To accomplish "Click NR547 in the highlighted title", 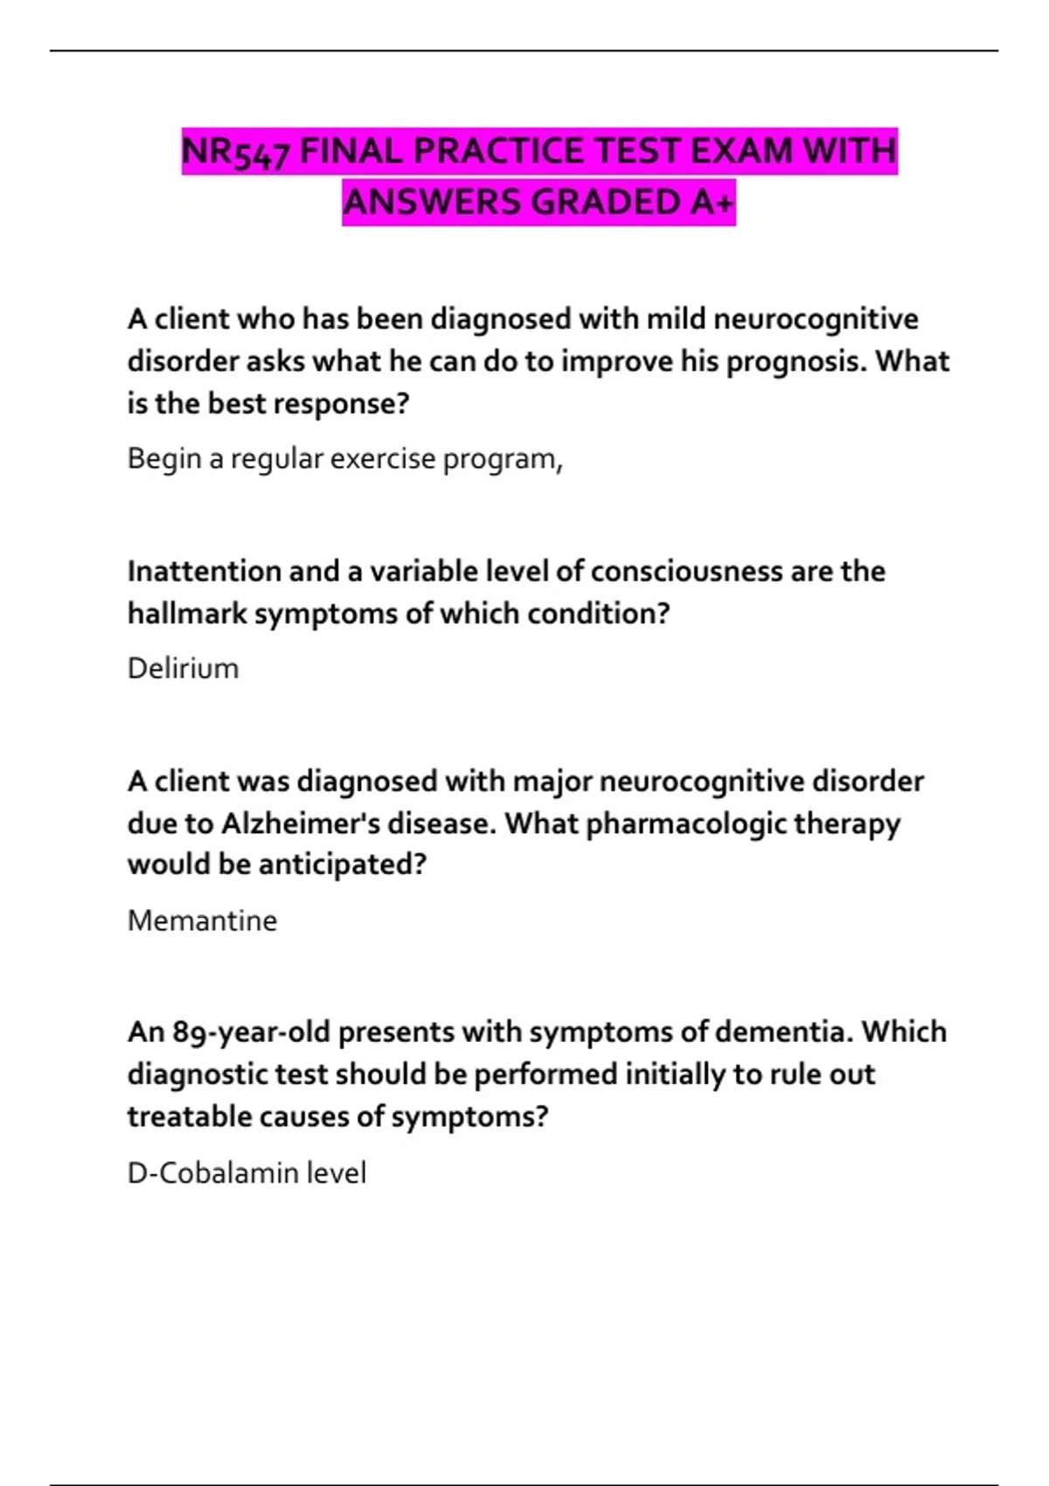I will tap(235, 152).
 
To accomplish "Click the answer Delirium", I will tap(183, 669).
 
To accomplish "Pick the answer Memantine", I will tap(202, 920).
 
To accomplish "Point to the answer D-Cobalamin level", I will tap(247, 1173).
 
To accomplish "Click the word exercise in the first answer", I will tap(382, 459).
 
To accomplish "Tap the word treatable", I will tap(178, 1117).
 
